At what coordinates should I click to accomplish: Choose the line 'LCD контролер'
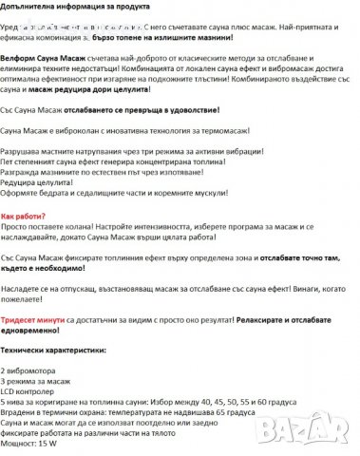coord(29,389)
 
